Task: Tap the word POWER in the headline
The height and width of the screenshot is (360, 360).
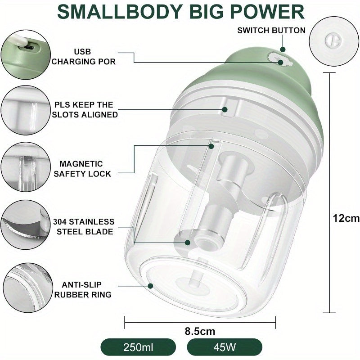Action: (x=267, y=12)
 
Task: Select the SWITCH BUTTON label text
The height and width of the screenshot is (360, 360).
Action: (x=271, y=30)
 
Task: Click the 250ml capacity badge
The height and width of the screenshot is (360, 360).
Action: (x=138, y=347)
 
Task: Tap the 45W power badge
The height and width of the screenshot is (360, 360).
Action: (x=225, y=347)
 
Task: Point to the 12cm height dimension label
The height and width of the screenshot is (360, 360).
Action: (x=346, y=218)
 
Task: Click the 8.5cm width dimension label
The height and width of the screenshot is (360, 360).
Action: (x=200, y=331)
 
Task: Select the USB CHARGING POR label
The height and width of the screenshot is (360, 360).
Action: (x=83, y=57)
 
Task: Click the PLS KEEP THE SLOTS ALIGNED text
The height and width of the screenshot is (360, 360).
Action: (x=85, y=109)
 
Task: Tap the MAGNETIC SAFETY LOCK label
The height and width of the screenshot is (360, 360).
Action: (x=82, y=169)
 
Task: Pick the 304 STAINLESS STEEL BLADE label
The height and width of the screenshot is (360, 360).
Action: (x=84, y=227)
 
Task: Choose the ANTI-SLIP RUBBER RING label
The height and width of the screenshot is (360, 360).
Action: (x=82, y=289)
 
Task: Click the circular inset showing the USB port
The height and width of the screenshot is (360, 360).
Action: (x=26, y=54)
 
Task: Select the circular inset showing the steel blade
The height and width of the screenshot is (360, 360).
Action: (x=26, y=224)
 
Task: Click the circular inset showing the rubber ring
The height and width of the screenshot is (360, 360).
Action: (x=28, y=288)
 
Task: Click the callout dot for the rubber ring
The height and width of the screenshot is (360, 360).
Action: (x=150, y=286)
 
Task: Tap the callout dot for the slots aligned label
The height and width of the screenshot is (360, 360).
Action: (x=225, y=109)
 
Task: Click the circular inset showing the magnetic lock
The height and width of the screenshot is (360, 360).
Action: (x=26, y=167)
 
